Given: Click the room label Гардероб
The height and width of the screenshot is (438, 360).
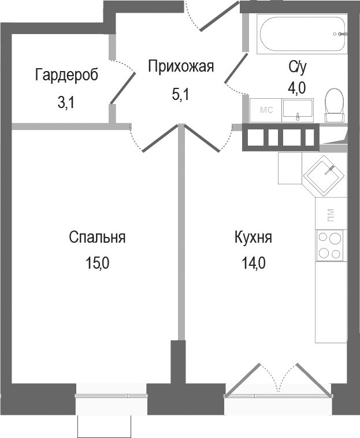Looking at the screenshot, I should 66,75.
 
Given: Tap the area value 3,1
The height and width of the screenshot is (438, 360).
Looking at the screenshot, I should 66,103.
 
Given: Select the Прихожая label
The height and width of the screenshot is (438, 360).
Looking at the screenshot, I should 181,66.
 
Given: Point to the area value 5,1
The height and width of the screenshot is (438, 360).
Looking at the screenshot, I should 181,94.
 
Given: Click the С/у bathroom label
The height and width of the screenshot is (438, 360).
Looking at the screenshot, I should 297,66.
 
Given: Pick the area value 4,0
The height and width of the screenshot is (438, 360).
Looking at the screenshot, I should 297,87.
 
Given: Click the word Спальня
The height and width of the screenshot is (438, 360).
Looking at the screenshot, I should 97,237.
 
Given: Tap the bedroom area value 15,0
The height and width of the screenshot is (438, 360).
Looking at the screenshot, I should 97,264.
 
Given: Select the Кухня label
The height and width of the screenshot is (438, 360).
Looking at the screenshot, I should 253,237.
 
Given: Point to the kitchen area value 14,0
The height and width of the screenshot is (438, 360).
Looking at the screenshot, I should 253,264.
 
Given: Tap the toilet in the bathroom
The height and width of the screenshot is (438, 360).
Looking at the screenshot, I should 333,105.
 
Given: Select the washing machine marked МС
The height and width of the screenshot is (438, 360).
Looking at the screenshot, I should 266,110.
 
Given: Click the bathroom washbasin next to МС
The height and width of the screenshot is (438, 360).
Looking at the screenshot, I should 298,110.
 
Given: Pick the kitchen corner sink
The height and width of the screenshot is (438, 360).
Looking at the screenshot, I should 327,172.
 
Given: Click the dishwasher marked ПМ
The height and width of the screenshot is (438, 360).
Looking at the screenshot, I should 331,213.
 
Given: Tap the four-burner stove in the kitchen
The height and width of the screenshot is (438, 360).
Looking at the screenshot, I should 329,245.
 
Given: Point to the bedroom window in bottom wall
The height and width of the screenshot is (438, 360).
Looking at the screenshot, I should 111,396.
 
